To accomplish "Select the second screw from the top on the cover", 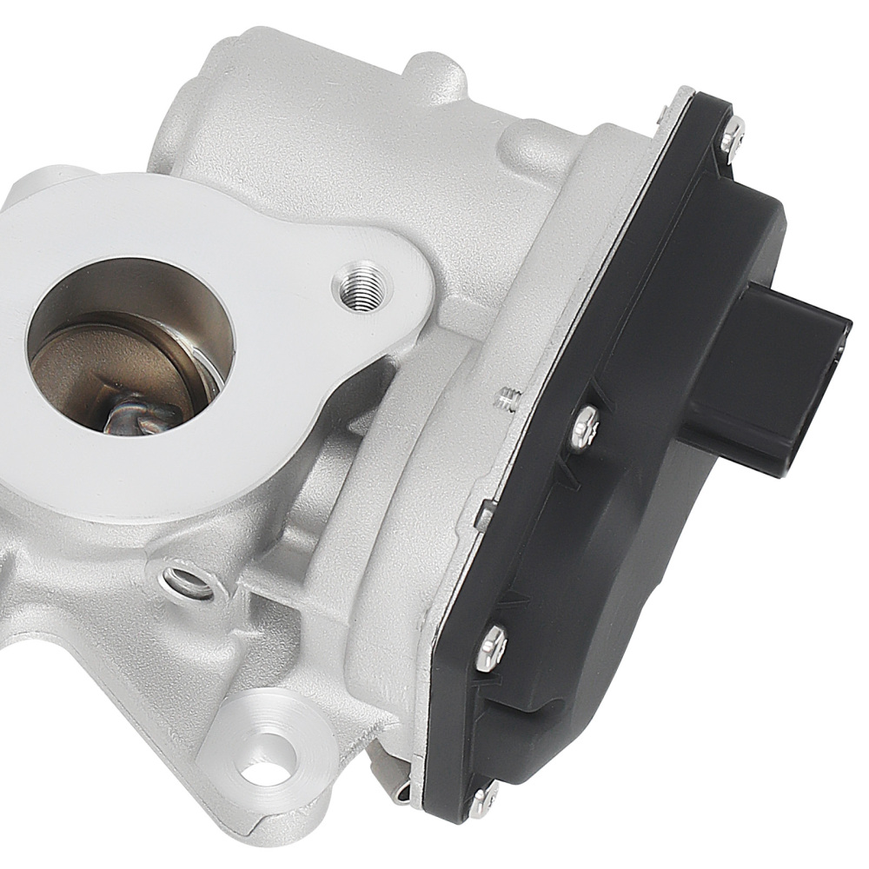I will (x=586, y=427).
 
